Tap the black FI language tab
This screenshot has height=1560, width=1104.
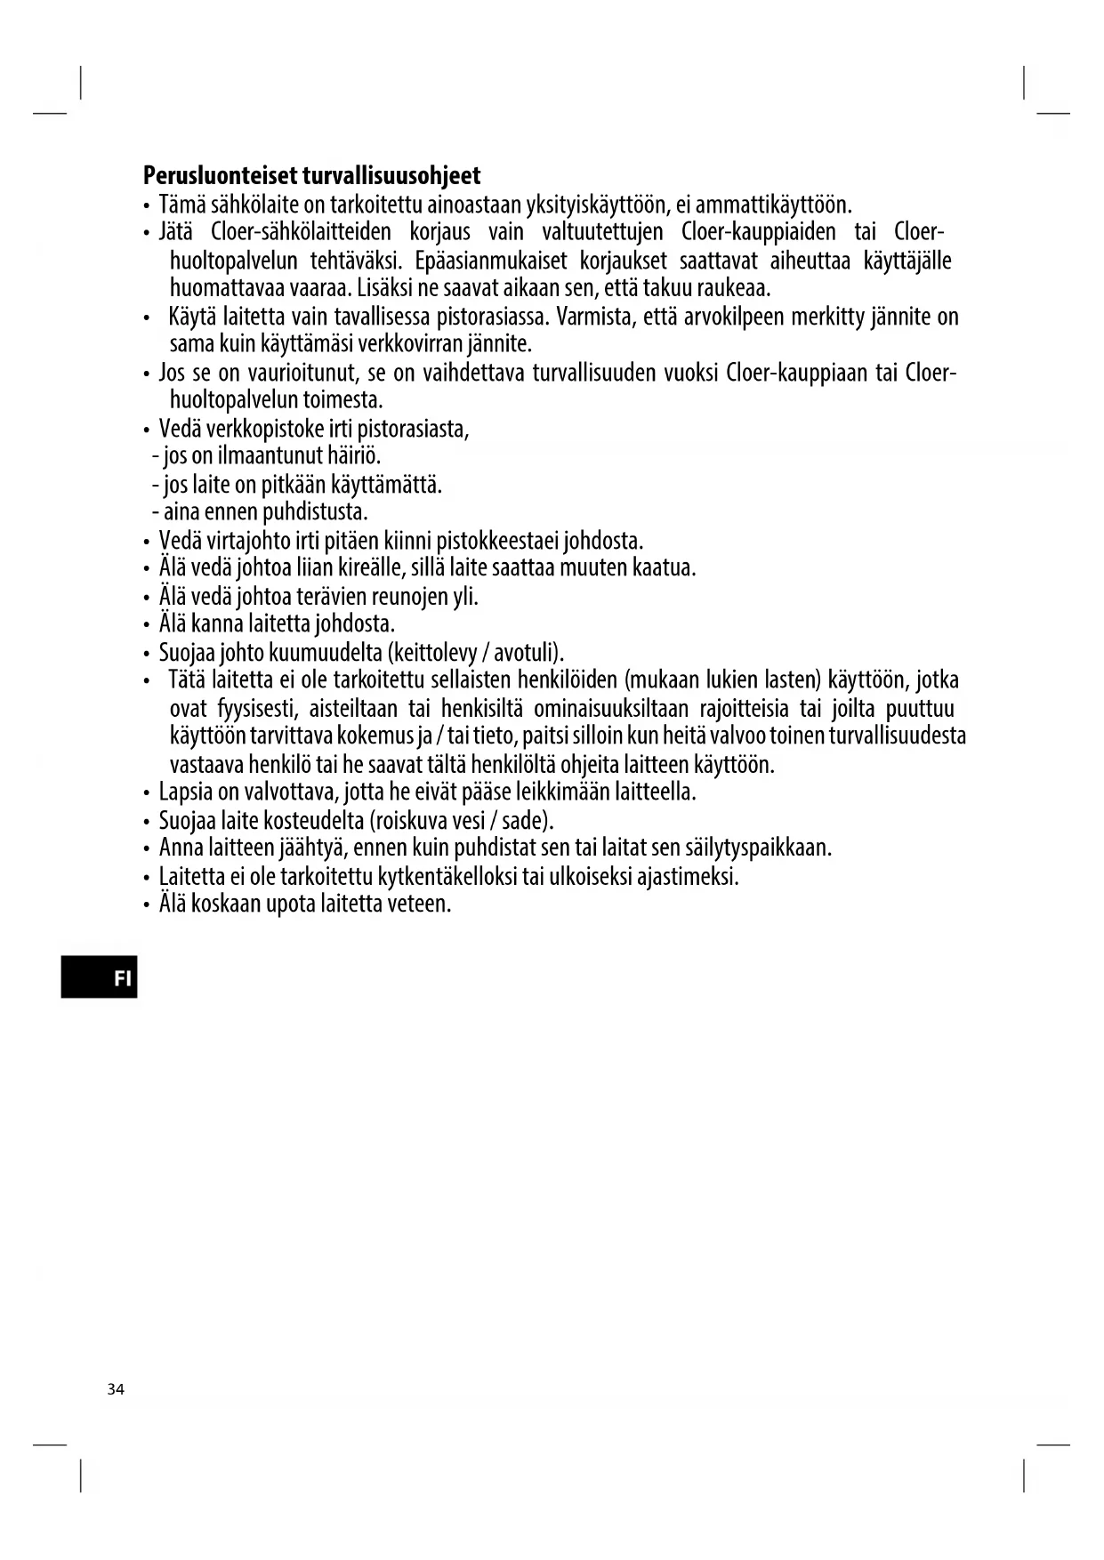100,978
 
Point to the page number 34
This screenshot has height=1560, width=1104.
116,1389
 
